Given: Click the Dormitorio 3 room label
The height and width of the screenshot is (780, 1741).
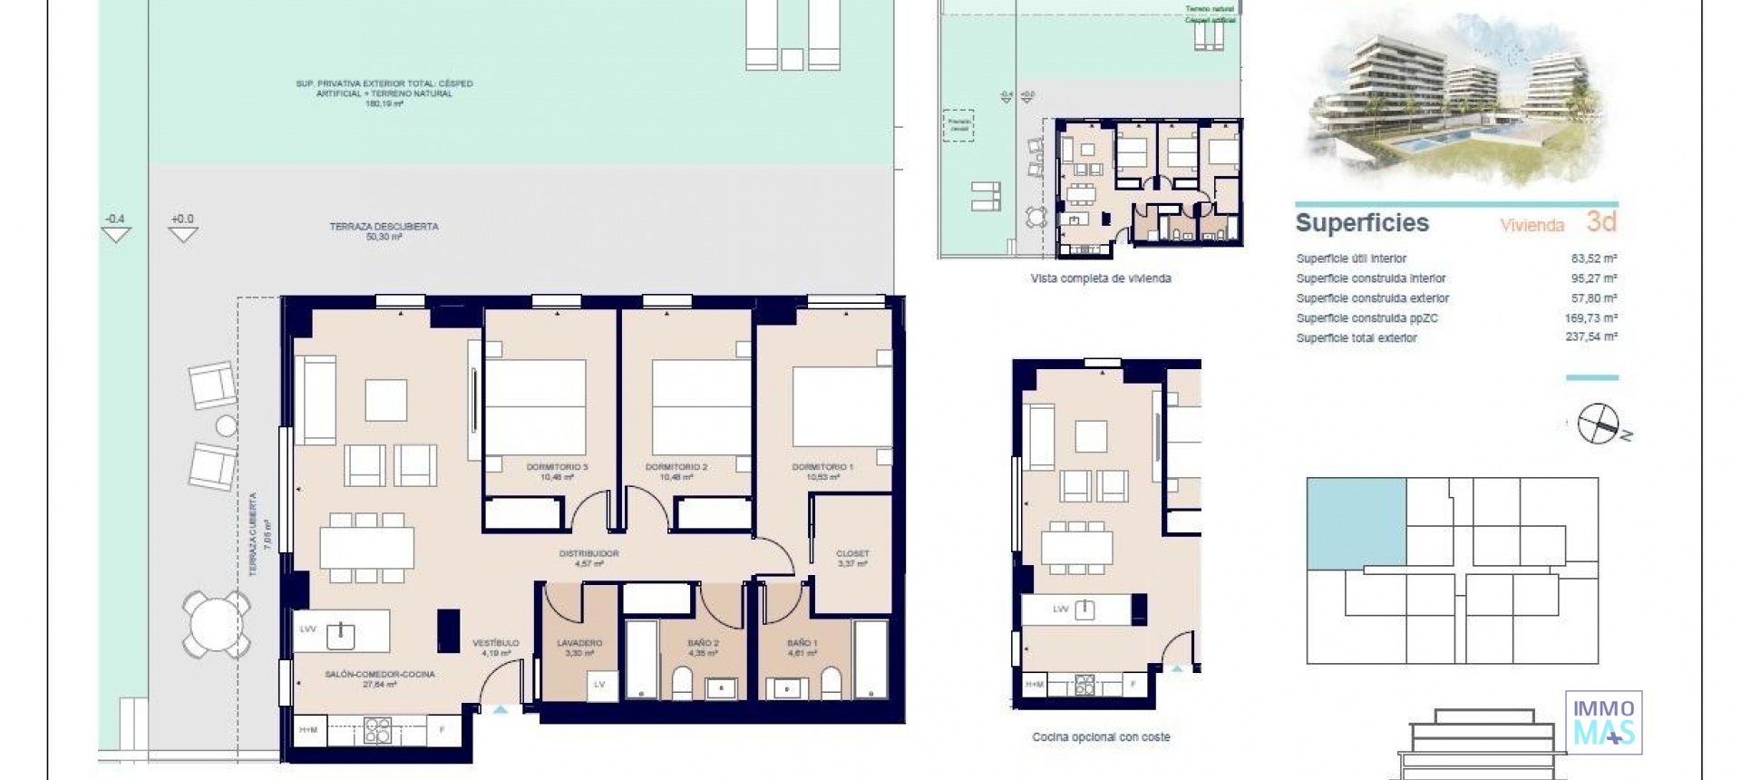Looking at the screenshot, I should pos(557,467).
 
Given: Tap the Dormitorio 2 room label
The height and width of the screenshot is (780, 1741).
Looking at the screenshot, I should pos(676,467).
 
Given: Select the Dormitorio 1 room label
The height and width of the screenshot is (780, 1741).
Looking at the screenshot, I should pos(822,467).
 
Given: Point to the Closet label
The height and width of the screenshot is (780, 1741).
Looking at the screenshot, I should pos(852,553).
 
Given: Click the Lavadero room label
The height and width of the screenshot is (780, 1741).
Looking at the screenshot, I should pos(579,643).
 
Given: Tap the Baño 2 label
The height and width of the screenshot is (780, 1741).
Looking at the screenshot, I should pos(703,643).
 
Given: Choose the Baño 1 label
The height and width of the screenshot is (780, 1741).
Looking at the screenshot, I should pos(802,643).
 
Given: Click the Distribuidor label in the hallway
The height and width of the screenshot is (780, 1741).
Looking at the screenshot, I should pos(588,553).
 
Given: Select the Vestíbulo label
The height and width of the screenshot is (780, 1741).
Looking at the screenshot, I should pos(496,643).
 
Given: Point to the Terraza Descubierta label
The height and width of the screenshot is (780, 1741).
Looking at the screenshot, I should pos(384,227).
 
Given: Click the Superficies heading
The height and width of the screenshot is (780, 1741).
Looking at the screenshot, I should pos(1362,223).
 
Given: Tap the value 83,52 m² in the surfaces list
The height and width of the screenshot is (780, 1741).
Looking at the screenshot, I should pos(1590,258).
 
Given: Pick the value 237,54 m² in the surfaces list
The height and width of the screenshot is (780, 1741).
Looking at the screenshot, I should pos(1590,337).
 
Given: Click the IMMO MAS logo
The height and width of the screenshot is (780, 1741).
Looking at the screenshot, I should pos(1603,723).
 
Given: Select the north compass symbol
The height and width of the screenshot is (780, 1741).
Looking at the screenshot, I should pos(1598,424).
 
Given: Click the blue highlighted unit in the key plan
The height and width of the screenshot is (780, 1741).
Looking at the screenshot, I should pos(1357,524).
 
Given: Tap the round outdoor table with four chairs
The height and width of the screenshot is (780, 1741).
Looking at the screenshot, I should pos(216,624).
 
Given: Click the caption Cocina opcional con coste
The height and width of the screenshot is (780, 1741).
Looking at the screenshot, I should pos(1101,737).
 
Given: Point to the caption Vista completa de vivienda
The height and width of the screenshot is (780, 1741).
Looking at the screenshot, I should pos(1101,278).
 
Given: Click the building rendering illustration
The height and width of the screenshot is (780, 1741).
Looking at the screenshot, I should pos(1454,100).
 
